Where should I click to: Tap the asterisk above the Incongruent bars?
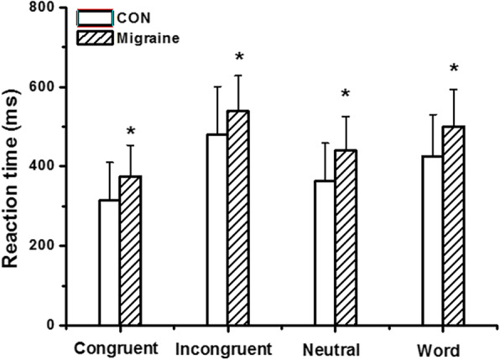tap(239, 57)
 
